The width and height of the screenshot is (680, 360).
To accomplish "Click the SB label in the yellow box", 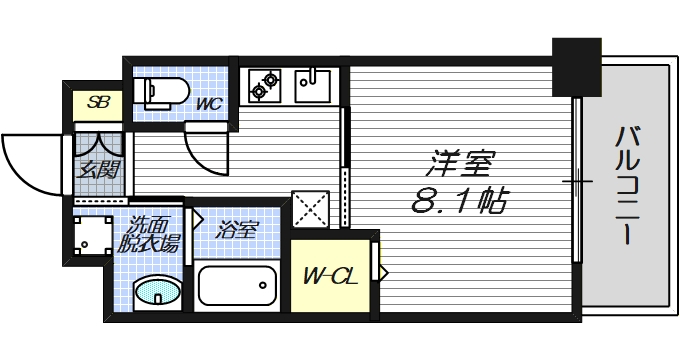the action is coord(98,102).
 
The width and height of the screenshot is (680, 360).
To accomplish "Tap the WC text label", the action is coord(208,103).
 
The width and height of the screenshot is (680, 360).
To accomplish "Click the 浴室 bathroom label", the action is coord(238,229).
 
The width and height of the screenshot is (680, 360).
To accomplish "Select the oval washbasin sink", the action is coord(157,292).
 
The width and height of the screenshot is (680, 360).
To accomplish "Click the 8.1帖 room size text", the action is coord(458,201).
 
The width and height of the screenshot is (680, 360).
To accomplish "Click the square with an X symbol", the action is coord(309,209).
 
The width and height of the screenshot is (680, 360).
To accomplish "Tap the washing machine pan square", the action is coord(91,238).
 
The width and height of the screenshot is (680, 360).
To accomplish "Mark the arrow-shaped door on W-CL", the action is coord(380,270).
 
